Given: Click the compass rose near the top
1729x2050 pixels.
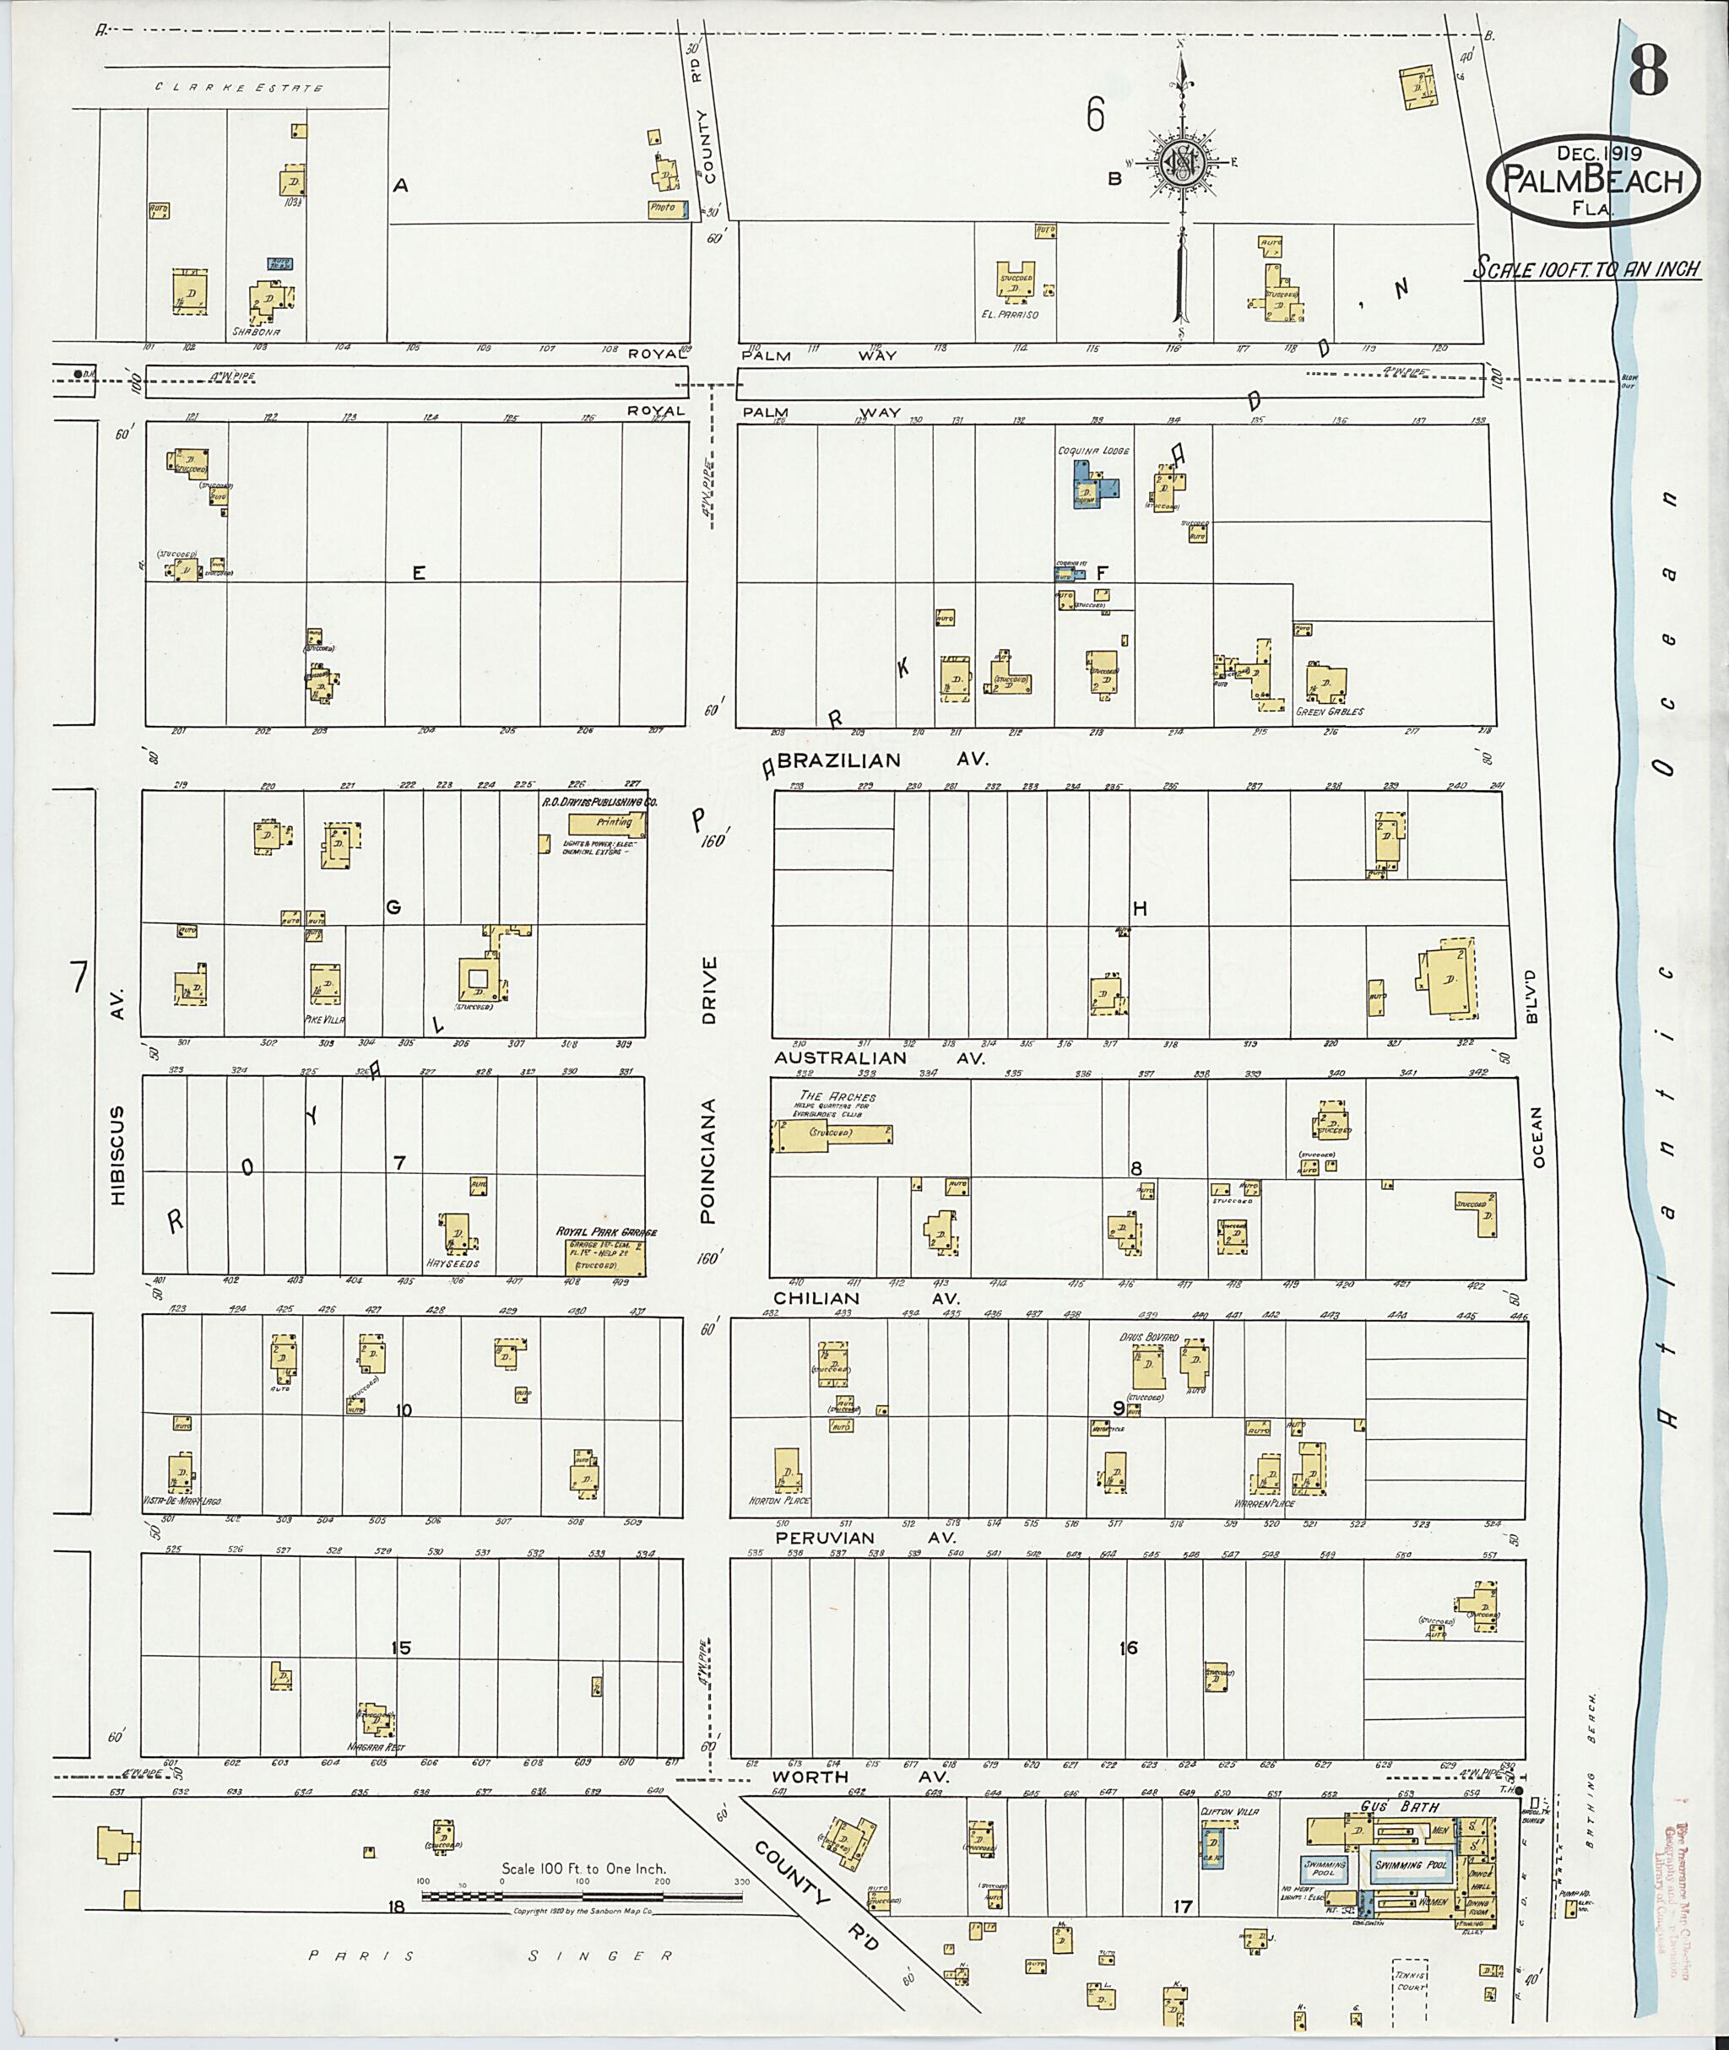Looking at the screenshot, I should (x=1182, y=163).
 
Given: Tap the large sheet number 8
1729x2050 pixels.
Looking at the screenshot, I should (x=1649, y=71).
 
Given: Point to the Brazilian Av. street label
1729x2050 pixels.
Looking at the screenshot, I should (x=882, y=760).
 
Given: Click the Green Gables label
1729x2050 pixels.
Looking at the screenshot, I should (x=1329, y=711).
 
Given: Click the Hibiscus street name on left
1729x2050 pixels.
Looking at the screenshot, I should (x=117, y=1156).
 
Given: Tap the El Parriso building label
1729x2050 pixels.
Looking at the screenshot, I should (x=1010, y=315).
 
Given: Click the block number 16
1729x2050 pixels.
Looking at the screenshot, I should (x=1128, y=1648).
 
